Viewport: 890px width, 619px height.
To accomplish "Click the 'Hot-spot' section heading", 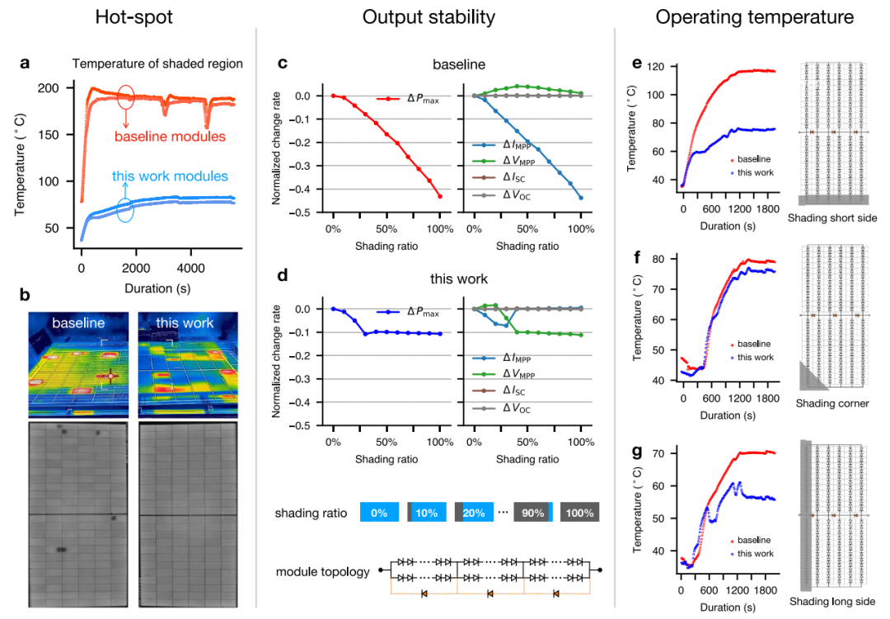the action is pyautogui.click(x=134, y=17).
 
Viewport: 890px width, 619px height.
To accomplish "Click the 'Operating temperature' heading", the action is pyautogui.click(x=754, y=17).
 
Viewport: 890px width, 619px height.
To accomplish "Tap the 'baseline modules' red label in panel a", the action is pyautogui.click(x=170, y=136).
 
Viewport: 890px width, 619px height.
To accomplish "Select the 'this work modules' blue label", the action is pyautogui.click(x=170, y=176).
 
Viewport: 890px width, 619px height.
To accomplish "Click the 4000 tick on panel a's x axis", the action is pyautogui.click(x=190, y=268).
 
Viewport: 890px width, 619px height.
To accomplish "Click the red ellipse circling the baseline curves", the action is pyautogui.click(x=126, y=98).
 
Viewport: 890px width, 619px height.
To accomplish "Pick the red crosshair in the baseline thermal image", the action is pyautogui.click(x=110, y=376).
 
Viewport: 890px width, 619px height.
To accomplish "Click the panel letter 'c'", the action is pyautogui.click(x=282, y=63).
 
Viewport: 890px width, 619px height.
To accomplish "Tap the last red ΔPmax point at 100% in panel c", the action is pyautogui.click(x=440, y=196).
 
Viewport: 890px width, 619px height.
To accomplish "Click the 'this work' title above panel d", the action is pyautogui.click(x=459, y=279).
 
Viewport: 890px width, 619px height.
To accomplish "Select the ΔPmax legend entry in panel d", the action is pyautogui.click(x=408, y=312).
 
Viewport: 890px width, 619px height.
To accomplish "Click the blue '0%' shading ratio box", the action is pyautogui.click(x=379, y=512).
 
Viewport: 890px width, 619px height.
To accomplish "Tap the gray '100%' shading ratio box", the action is pyautogui.click(x=579, y=512).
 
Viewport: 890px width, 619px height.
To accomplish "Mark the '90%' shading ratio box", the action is pyautogui.click(x=533, y=512).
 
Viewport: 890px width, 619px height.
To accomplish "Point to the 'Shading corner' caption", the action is pyautogui.click(x=832, y=403).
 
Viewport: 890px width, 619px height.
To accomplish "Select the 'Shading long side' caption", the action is pyautogui.click(x=832, y=602).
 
